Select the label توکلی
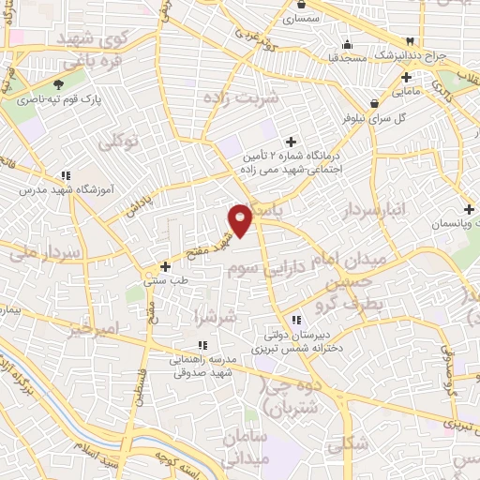coord(118,141)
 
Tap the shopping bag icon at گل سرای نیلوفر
coord(374,103)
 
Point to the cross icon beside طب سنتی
coord(166,266)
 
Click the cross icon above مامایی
coord(406,77)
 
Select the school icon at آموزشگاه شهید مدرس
coord(66,174)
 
